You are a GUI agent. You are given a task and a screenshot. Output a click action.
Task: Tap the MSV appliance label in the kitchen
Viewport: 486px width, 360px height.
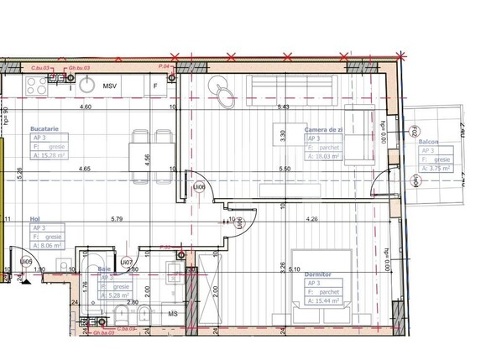click(x=110, y=86)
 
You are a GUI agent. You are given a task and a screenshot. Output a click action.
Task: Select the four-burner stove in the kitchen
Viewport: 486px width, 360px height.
click(x=38, y=83)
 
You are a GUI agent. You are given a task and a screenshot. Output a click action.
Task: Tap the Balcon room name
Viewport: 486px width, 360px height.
click(x=430, y=143)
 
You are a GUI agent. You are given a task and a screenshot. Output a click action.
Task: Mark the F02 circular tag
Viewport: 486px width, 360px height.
click(x=414, y=131)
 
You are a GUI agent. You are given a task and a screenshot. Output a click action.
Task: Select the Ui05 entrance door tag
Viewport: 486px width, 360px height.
click(x=26, y=262)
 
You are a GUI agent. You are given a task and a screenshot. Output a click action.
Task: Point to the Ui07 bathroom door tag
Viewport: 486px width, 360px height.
click(x=126, y=263)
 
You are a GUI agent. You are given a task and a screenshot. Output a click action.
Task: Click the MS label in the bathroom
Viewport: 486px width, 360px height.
click(x=173, y=314)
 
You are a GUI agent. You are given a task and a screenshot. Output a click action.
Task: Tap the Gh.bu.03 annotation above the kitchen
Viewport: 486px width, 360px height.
click(x=81, y=65)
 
